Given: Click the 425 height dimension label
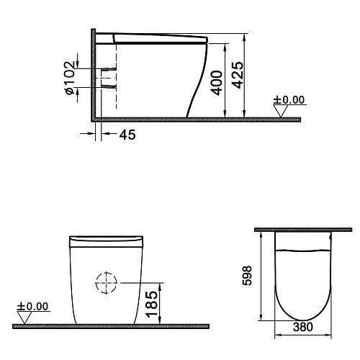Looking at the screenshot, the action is click(238, 75).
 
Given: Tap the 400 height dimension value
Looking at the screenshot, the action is click(216, 83).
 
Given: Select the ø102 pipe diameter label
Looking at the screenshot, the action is click(70, 78).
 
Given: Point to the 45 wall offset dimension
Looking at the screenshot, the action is click(127, 135).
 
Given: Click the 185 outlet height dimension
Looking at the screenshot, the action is click(152, 305).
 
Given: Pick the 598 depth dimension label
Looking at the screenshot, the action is click(247, 275).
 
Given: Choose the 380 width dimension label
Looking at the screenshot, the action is click(303, 327).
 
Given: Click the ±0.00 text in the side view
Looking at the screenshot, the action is click(289, 100).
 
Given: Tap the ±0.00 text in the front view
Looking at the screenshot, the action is click(32, 306).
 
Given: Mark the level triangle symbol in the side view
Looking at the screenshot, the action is click(281, 111).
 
